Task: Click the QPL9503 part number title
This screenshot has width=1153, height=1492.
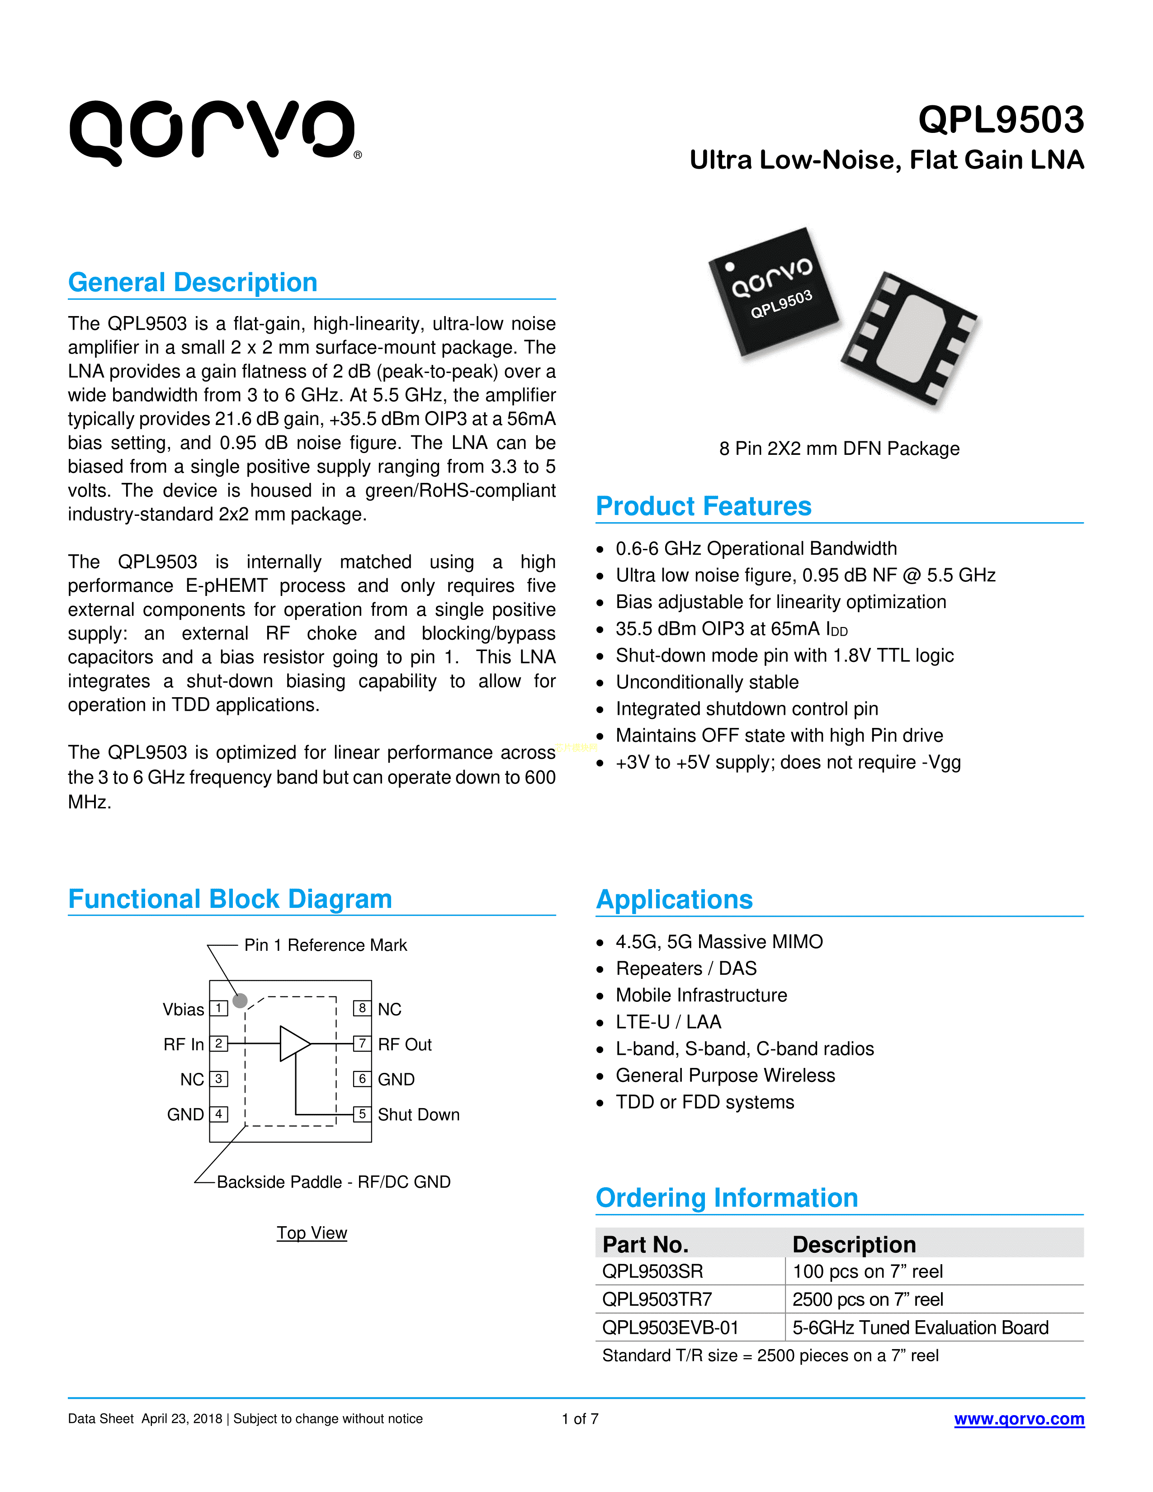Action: pyautogui.click(x=1000, y=120)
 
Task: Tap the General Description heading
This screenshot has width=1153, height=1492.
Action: pyautogui.click(x=193, y=282)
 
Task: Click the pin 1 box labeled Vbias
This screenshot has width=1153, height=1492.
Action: pyautogui.click(x=218, y=1008)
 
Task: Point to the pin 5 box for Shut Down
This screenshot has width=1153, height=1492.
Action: pyautogui.click(x=362, y=1114)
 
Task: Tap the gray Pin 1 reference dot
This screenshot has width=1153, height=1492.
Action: pyautogui.click(x=240, y=1001)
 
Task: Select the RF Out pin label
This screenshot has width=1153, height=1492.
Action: pyautogui.click(x=404, y=1044)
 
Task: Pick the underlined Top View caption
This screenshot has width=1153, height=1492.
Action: pyautogui.click(x=312, y=1232)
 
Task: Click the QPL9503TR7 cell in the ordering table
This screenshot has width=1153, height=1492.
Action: pyautogui.click(x=657, y=1299)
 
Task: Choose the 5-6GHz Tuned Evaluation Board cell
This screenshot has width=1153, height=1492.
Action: pyautogui.click(x=920, y=1327)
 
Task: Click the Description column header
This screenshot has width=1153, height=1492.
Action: pyautogui.click(x=854, y=1244)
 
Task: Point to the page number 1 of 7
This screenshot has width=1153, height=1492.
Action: pyautogui.click(x=580, y=1419)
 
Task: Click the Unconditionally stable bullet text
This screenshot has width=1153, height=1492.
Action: pyautogui.click(x=707, y=682)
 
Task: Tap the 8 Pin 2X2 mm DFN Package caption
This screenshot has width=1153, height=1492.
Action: pyautogui.click(x=839, y=449)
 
